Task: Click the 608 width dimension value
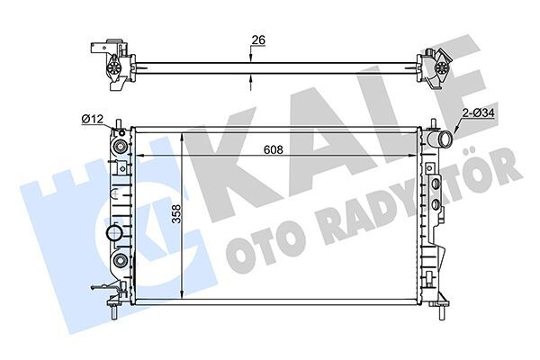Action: [x=275, y=149]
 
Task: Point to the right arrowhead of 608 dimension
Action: [x=416, y=156]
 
